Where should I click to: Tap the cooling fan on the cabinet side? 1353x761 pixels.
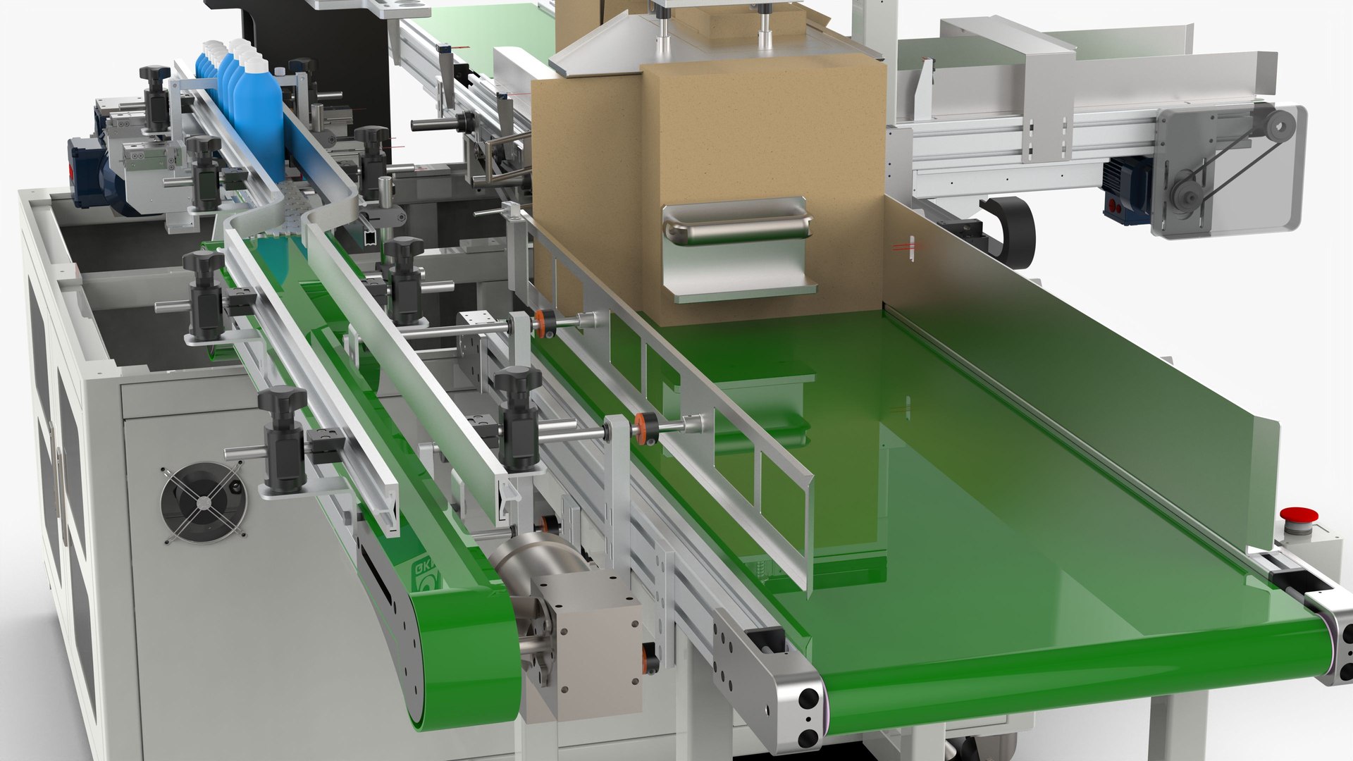coord(203,502)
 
